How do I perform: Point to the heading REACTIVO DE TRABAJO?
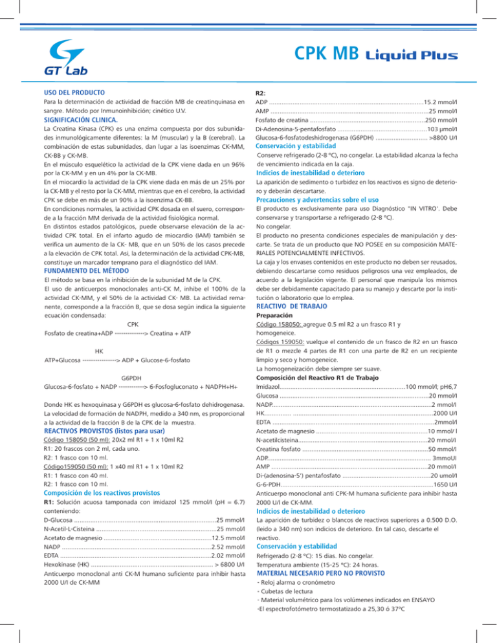click(303, 287)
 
